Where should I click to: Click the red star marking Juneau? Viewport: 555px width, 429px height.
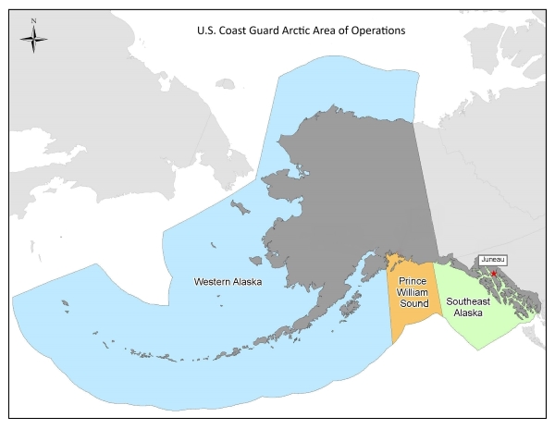(494, 274)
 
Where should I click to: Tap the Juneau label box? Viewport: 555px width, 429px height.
(491, 261)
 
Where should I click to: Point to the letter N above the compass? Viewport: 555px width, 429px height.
(34, 20)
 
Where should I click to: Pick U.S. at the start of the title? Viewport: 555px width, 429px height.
(206, 31)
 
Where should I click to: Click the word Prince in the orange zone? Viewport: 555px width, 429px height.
(411, 279)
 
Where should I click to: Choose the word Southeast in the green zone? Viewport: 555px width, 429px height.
(468, 301)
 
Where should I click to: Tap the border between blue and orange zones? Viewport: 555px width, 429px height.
(388, 296)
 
